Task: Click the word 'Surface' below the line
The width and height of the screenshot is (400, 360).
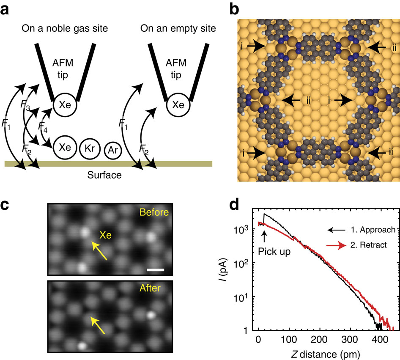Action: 104,174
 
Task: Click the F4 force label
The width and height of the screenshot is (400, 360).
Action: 43,126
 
